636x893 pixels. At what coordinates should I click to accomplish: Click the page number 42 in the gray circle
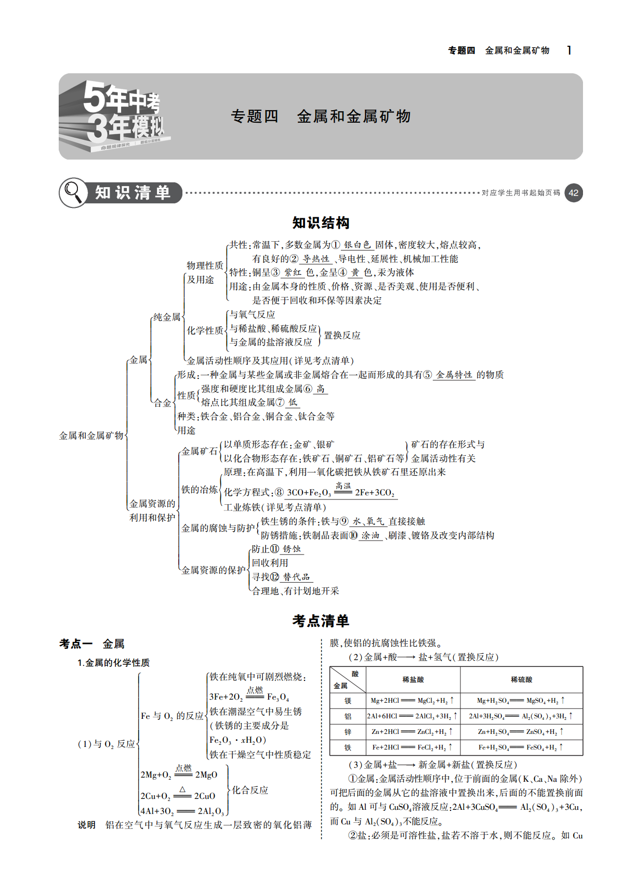(573, 193)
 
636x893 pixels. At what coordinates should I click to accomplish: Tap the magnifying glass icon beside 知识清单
(73, 192)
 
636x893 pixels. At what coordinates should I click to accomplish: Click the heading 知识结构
(321, 223)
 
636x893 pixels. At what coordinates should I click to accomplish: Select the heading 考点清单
(321, 621)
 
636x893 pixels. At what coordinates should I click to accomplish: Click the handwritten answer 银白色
(357, 245)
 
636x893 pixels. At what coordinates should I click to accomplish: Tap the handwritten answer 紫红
(293, 272)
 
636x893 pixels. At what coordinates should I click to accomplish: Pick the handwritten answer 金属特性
(454, 375)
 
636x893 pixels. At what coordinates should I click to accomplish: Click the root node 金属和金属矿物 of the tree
(91, 436)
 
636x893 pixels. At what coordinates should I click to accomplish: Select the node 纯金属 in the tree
(167, 317)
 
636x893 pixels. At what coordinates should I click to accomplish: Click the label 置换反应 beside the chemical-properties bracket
(342, 335)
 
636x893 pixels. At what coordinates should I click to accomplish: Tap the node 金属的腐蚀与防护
(218, 528)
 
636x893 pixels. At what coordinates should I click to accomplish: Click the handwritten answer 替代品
(296, 577)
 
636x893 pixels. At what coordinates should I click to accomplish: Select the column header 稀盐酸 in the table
(413, 679)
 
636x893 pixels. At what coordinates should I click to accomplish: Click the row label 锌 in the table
(348, 732)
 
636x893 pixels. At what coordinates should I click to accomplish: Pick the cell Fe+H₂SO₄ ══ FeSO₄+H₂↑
(521, 747)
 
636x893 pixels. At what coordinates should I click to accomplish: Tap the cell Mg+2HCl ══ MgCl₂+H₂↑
(413, 700)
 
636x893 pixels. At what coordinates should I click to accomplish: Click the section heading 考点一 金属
(92, 644)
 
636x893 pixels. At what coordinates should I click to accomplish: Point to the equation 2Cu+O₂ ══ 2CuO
(178, 793)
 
